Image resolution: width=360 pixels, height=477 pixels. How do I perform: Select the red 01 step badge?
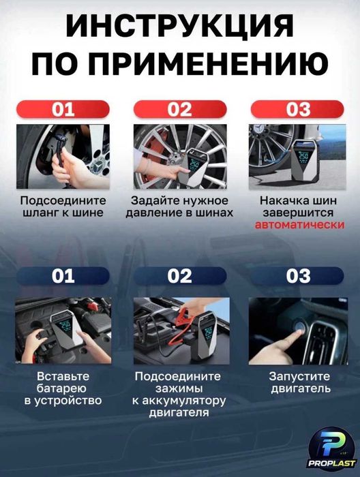[63, 110]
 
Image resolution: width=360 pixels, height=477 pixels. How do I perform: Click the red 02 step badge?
[179, 110]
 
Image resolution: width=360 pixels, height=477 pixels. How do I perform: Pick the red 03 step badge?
[297, 110]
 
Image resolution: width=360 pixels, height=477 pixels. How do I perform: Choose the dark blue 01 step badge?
[63, 276]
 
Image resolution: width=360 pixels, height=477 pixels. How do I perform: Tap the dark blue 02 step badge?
[179, 276]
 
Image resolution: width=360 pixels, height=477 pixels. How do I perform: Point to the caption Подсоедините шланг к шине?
[63, 206]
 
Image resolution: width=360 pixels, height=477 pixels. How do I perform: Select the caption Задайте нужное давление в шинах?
[179, 206]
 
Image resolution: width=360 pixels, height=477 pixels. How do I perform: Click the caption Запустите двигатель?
[298, 382]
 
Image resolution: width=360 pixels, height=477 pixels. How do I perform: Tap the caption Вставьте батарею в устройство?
[63, 388]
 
